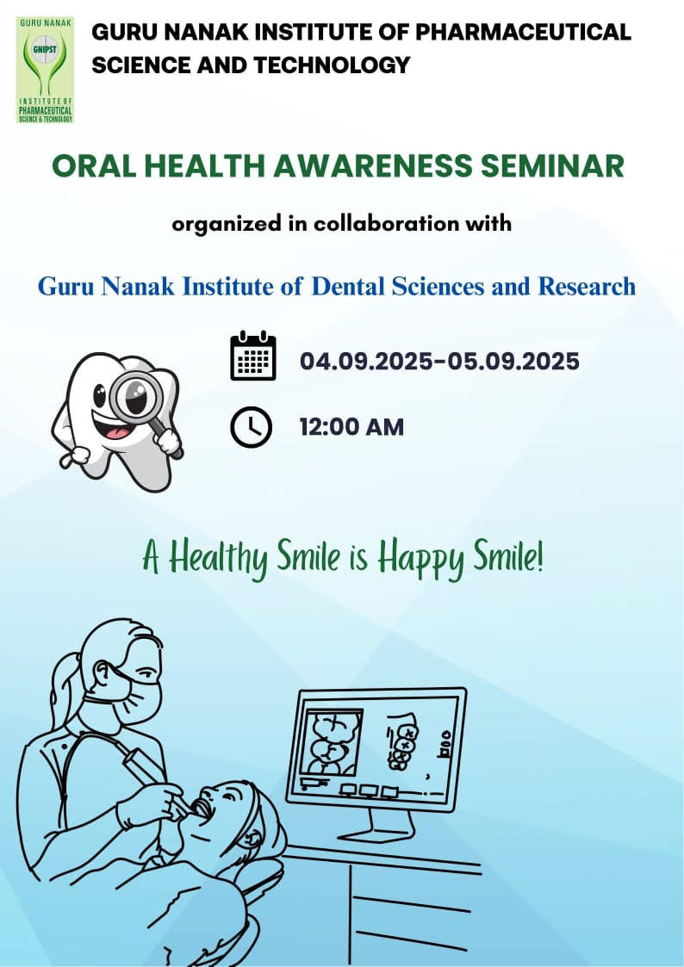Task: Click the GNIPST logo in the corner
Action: (x=45, y=70)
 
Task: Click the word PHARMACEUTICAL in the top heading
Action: (x=524, y=33)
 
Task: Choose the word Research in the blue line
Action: (x=587, y=286)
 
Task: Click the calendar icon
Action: (x=253, y=356)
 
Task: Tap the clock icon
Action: (x=252, y=427)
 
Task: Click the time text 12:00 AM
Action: (x=351, y=427)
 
